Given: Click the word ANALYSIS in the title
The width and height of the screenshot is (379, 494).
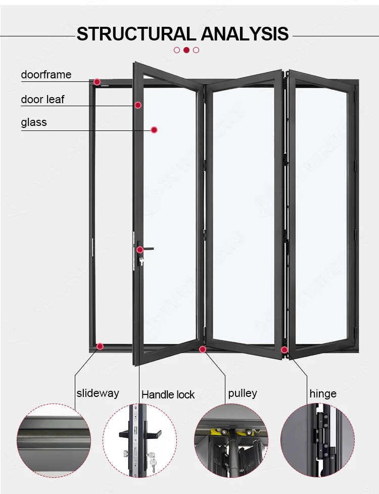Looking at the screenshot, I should point(245,34).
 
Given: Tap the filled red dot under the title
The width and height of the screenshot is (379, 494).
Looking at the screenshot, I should point(186,50).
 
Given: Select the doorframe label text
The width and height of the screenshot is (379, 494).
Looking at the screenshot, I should point(46,75).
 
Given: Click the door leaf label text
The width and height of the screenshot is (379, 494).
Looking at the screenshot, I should point(42,99).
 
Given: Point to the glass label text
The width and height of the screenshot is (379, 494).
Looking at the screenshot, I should point(34,122).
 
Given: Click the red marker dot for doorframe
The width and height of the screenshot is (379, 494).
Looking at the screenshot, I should point(97,81).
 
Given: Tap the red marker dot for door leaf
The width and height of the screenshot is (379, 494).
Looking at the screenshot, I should point(137,105).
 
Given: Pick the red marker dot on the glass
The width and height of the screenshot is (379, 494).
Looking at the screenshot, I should point(154,130).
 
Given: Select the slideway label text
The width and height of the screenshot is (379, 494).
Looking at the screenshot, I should point(98,393).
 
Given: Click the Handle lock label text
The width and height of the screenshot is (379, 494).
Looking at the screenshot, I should point(168,394).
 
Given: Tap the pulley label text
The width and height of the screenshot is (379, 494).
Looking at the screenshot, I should point(243,393).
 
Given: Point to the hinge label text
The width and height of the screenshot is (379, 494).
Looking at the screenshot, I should point(323,393).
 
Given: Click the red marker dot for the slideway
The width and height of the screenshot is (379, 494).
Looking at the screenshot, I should point(100,346).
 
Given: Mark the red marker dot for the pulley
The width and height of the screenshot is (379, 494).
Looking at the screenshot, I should point(203,349).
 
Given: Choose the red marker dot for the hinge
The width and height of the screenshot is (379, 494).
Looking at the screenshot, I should point(285,349).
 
